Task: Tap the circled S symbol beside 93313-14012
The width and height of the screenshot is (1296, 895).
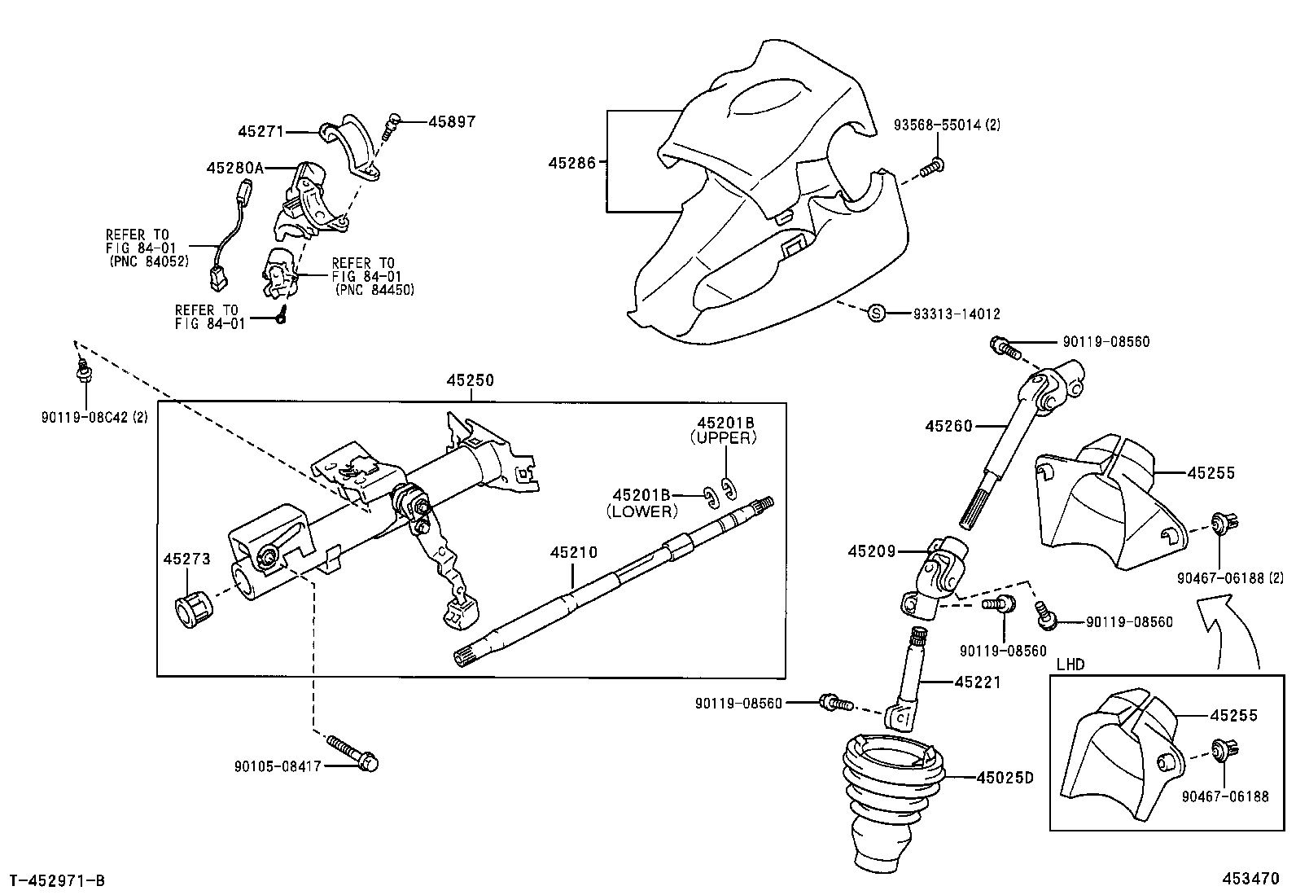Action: tap(876, 313)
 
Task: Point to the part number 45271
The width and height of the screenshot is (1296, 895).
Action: tap(261, 130)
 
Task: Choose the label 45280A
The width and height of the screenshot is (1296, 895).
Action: tap(235, 168)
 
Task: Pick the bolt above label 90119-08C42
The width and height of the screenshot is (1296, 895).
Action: tap(82, 373)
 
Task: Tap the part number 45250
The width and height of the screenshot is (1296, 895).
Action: tap(470, 380)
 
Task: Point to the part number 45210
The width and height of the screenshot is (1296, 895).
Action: tap(573, 552)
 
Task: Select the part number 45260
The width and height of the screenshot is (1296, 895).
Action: tap(948, 425)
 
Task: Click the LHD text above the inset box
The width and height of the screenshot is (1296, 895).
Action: tap(1071, 664)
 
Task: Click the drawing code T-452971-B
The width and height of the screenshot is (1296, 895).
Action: tap(57, 880)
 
